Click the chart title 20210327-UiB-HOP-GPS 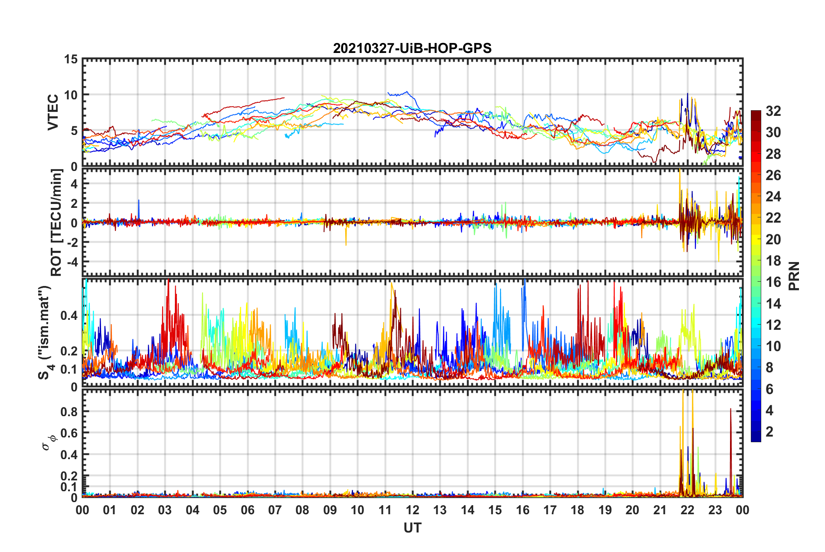(x=412, y=48)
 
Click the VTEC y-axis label (x=53, y=112)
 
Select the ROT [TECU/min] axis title (x=56, y=223)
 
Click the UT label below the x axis (x=412, y=528)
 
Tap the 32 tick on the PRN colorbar (x=773, y=111)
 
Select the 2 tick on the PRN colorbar (x=769, y=432)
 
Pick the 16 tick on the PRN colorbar (x=773, y=282)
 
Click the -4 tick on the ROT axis (x=72, y=262)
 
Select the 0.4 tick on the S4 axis (x=69, y=315)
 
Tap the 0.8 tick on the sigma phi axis (x=69, y=411)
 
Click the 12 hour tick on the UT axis (x=412, y=510)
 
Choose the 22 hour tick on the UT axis (x=687, y=510)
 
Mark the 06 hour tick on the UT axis (x=248, y=510)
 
